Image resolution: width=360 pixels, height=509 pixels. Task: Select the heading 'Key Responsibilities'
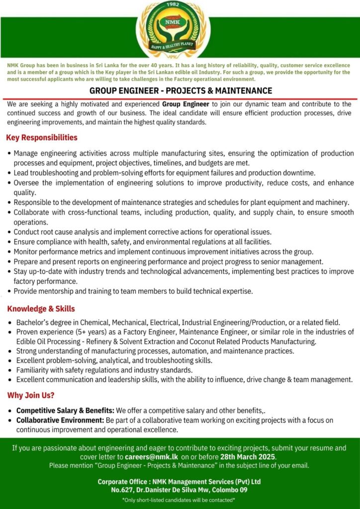coord(42,138)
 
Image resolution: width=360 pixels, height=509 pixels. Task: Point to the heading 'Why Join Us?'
coord(31,396)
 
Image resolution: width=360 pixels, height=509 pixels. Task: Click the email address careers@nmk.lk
coord(151,457)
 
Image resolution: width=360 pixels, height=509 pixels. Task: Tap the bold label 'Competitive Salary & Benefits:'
coord(66,411)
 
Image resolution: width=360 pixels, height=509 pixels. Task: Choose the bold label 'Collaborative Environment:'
coord(60,421)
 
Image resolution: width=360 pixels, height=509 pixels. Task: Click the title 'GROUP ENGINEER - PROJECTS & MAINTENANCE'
coord(180,91)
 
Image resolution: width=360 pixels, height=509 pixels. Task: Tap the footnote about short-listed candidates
coord(180,500)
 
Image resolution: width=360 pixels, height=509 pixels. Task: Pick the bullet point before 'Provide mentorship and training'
coord(10,291)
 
